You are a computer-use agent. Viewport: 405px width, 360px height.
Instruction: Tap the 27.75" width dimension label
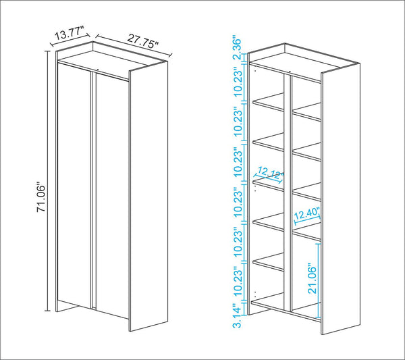(x=143, y=41)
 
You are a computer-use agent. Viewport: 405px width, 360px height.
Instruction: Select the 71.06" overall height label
(x=41, y=198)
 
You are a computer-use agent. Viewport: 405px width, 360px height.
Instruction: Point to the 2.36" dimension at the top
(x=237, y=49)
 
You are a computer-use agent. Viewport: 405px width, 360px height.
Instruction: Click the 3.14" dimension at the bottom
(x=238, y=316)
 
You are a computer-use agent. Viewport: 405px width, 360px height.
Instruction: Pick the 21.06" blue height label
(x=313, y=278)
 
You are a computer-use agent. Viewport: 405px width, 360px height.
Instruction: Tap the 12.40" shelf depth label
(x=307, y=213)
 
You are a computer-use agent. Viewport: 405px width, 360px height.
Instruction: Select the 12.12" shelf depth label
(x=269, y=174)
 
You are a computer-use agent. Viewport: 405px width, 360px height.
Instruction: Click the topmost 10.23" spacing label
(x=238, y=82)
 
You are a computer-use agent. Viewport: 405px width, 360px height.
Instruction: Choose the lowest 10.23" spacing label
(x=238, y=282)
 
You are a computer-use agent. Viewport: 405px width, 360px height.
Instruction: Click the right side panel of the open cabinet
(x=340, y=199)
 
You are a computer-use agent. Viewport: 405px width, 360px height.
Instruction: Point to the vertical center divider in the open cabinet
(x=288, y=192)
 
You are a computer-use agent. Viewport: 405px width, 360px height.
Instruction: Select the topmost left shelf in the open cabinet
(x=269, y=103)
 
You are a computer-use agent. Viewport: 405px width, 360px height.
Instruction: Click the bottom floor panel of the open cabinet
(x=286, y=307)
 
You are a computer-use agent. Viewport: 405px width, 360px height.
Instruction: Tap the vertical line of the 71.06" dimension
(x=47, y=181)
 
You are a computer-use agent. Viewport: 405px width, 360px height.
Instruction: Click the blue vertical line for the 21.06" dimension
(x=319, y=280)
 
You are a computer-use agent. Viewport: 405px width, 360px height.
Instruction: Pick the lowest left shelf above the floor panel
(x=269, y=262)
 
